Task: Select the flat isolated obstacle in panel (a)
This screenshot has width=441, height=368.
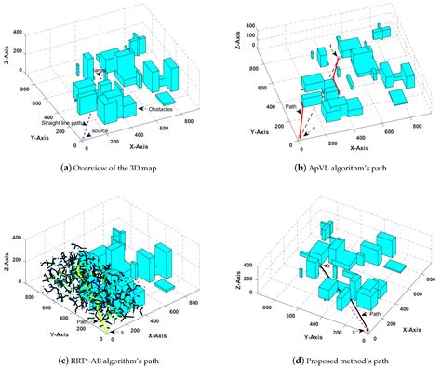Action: click(x=167, y=97)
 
